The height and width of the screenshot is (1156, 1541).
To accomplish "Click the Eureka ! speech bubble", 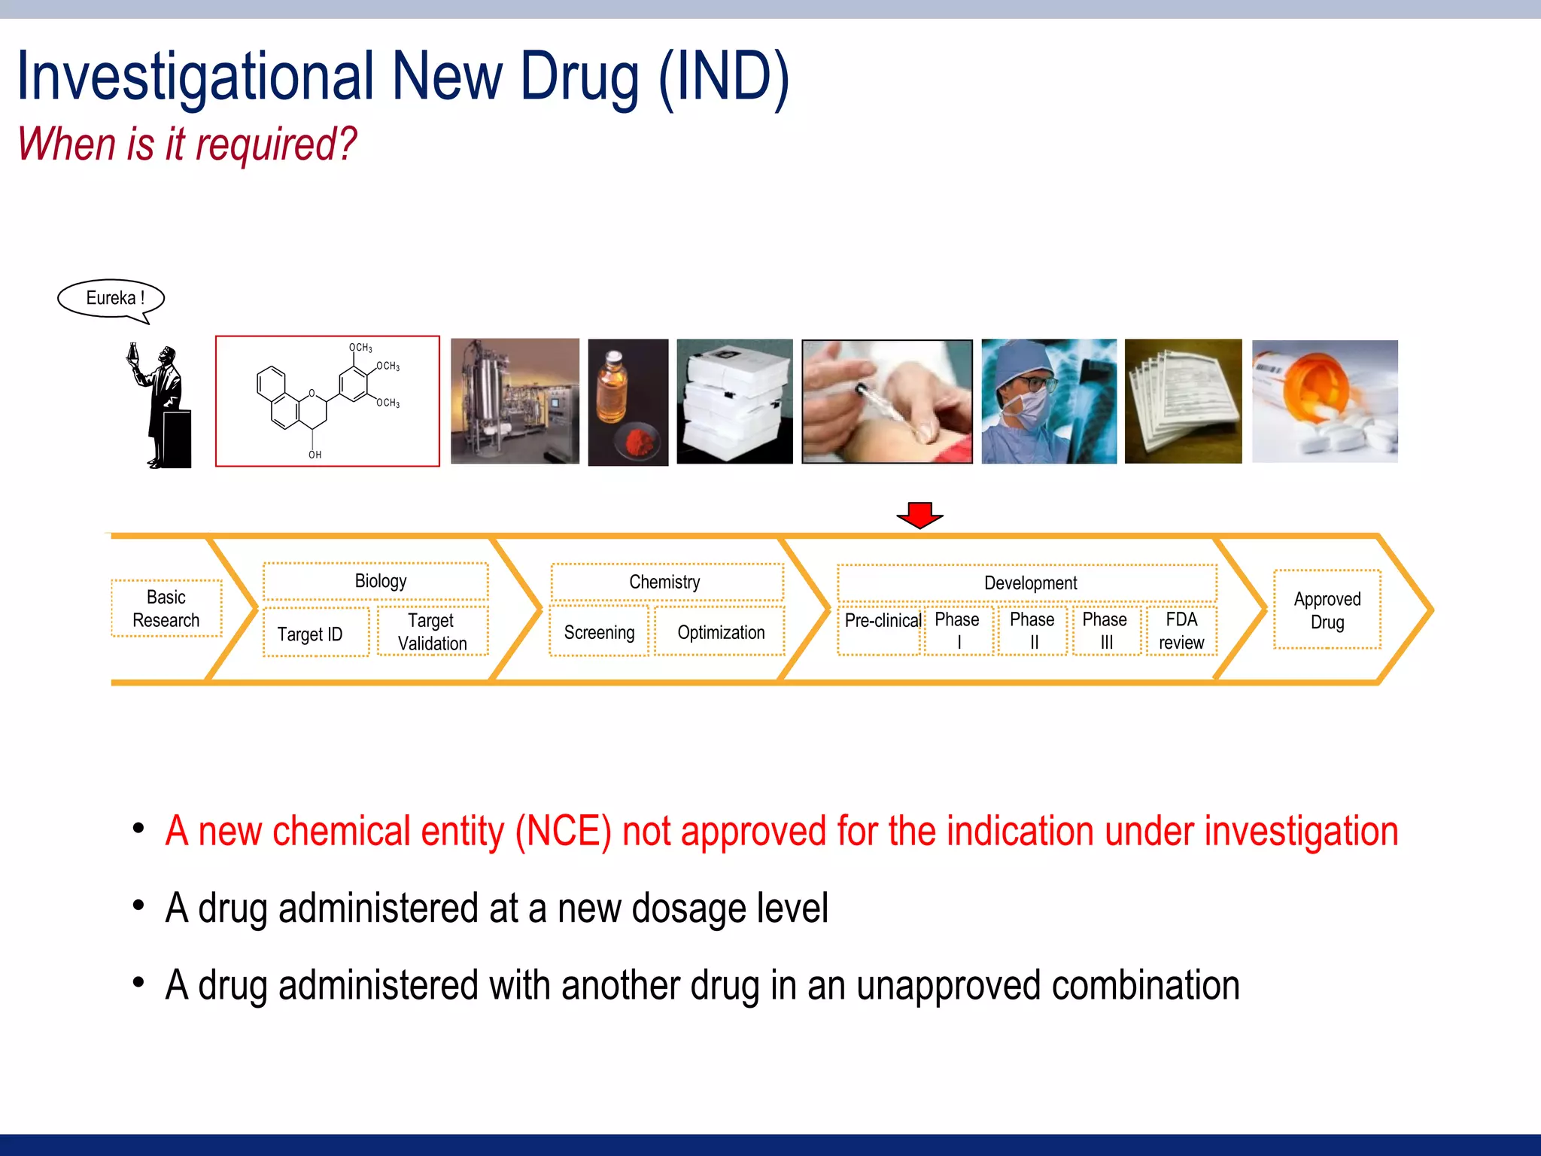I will click(111, 299).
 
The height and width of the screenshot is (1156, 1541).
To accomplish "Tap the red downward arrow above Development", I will click(919, 516).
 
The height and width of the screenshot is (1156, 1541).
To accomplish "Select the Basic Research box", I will click(166, 609).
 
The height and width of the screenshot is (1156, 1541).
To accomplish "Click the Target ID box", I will click(310, 634).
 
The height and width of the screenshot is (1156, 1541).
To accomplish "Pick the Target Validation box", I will click(433, 632).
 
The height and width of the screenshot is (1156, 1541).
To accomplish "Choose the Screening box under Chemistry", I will click(599, 632).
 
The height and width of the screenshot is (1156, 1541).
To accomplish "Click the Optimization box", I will click(721, 632).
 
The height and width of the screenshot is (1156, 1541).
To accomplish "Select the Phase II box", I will click(1032, 631).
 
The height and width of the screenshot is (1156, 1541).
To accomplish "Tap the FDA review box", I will click(1181, 631).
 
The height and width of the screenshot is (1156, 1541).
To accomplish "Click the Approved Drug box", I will click(1327, 610).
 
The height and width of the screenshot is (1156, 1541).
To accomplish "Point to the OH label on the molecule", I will click(315, 455).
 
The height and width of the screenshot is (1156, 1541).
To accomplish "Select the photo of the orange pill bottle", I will click(1324, 400).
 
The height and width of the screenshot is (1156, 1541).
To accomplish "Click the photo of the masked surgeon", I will click(1048, 400).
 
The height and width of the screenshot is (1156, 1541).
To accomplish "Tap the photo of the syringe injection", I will click(887, 401).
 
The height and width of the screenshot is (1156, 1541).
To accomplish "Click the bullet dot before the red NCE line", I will click(138, 829).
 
